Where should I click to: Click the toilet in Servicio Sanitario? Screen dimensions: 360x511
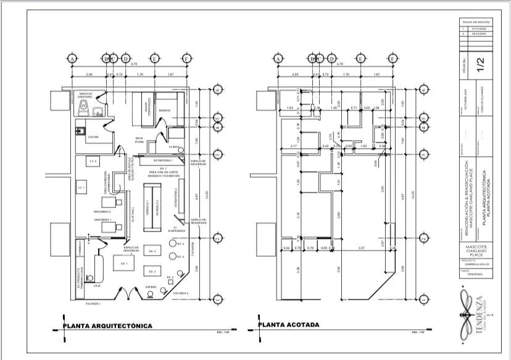[83, 107]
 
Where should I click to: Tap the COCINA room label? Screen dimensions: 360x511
[93, 136]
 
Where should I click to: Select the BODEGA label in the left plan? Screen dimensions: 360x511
[164, 111]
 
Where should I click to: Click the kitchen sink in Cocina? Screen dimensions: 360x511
[79, 130]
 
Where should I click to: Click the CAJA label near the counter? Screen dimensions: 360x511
[98, 286]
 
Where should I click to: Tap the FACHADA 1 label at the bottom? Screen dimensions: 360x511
[92, 304]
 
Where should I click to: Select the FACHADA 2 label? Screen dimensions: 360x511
[180, 293]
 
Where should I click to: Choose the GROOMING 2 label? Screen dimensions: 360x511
[102, 219]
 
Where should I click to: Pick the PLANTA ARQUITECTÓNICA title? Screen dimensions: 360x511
[108, 325]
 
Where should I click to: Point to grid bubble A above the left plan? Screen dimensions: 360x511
[72, 59]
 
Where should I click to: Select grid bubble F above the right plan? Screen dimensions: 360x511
[393, 59]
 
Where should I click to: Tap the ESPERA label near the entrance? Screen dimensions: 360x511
[149, 287]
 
